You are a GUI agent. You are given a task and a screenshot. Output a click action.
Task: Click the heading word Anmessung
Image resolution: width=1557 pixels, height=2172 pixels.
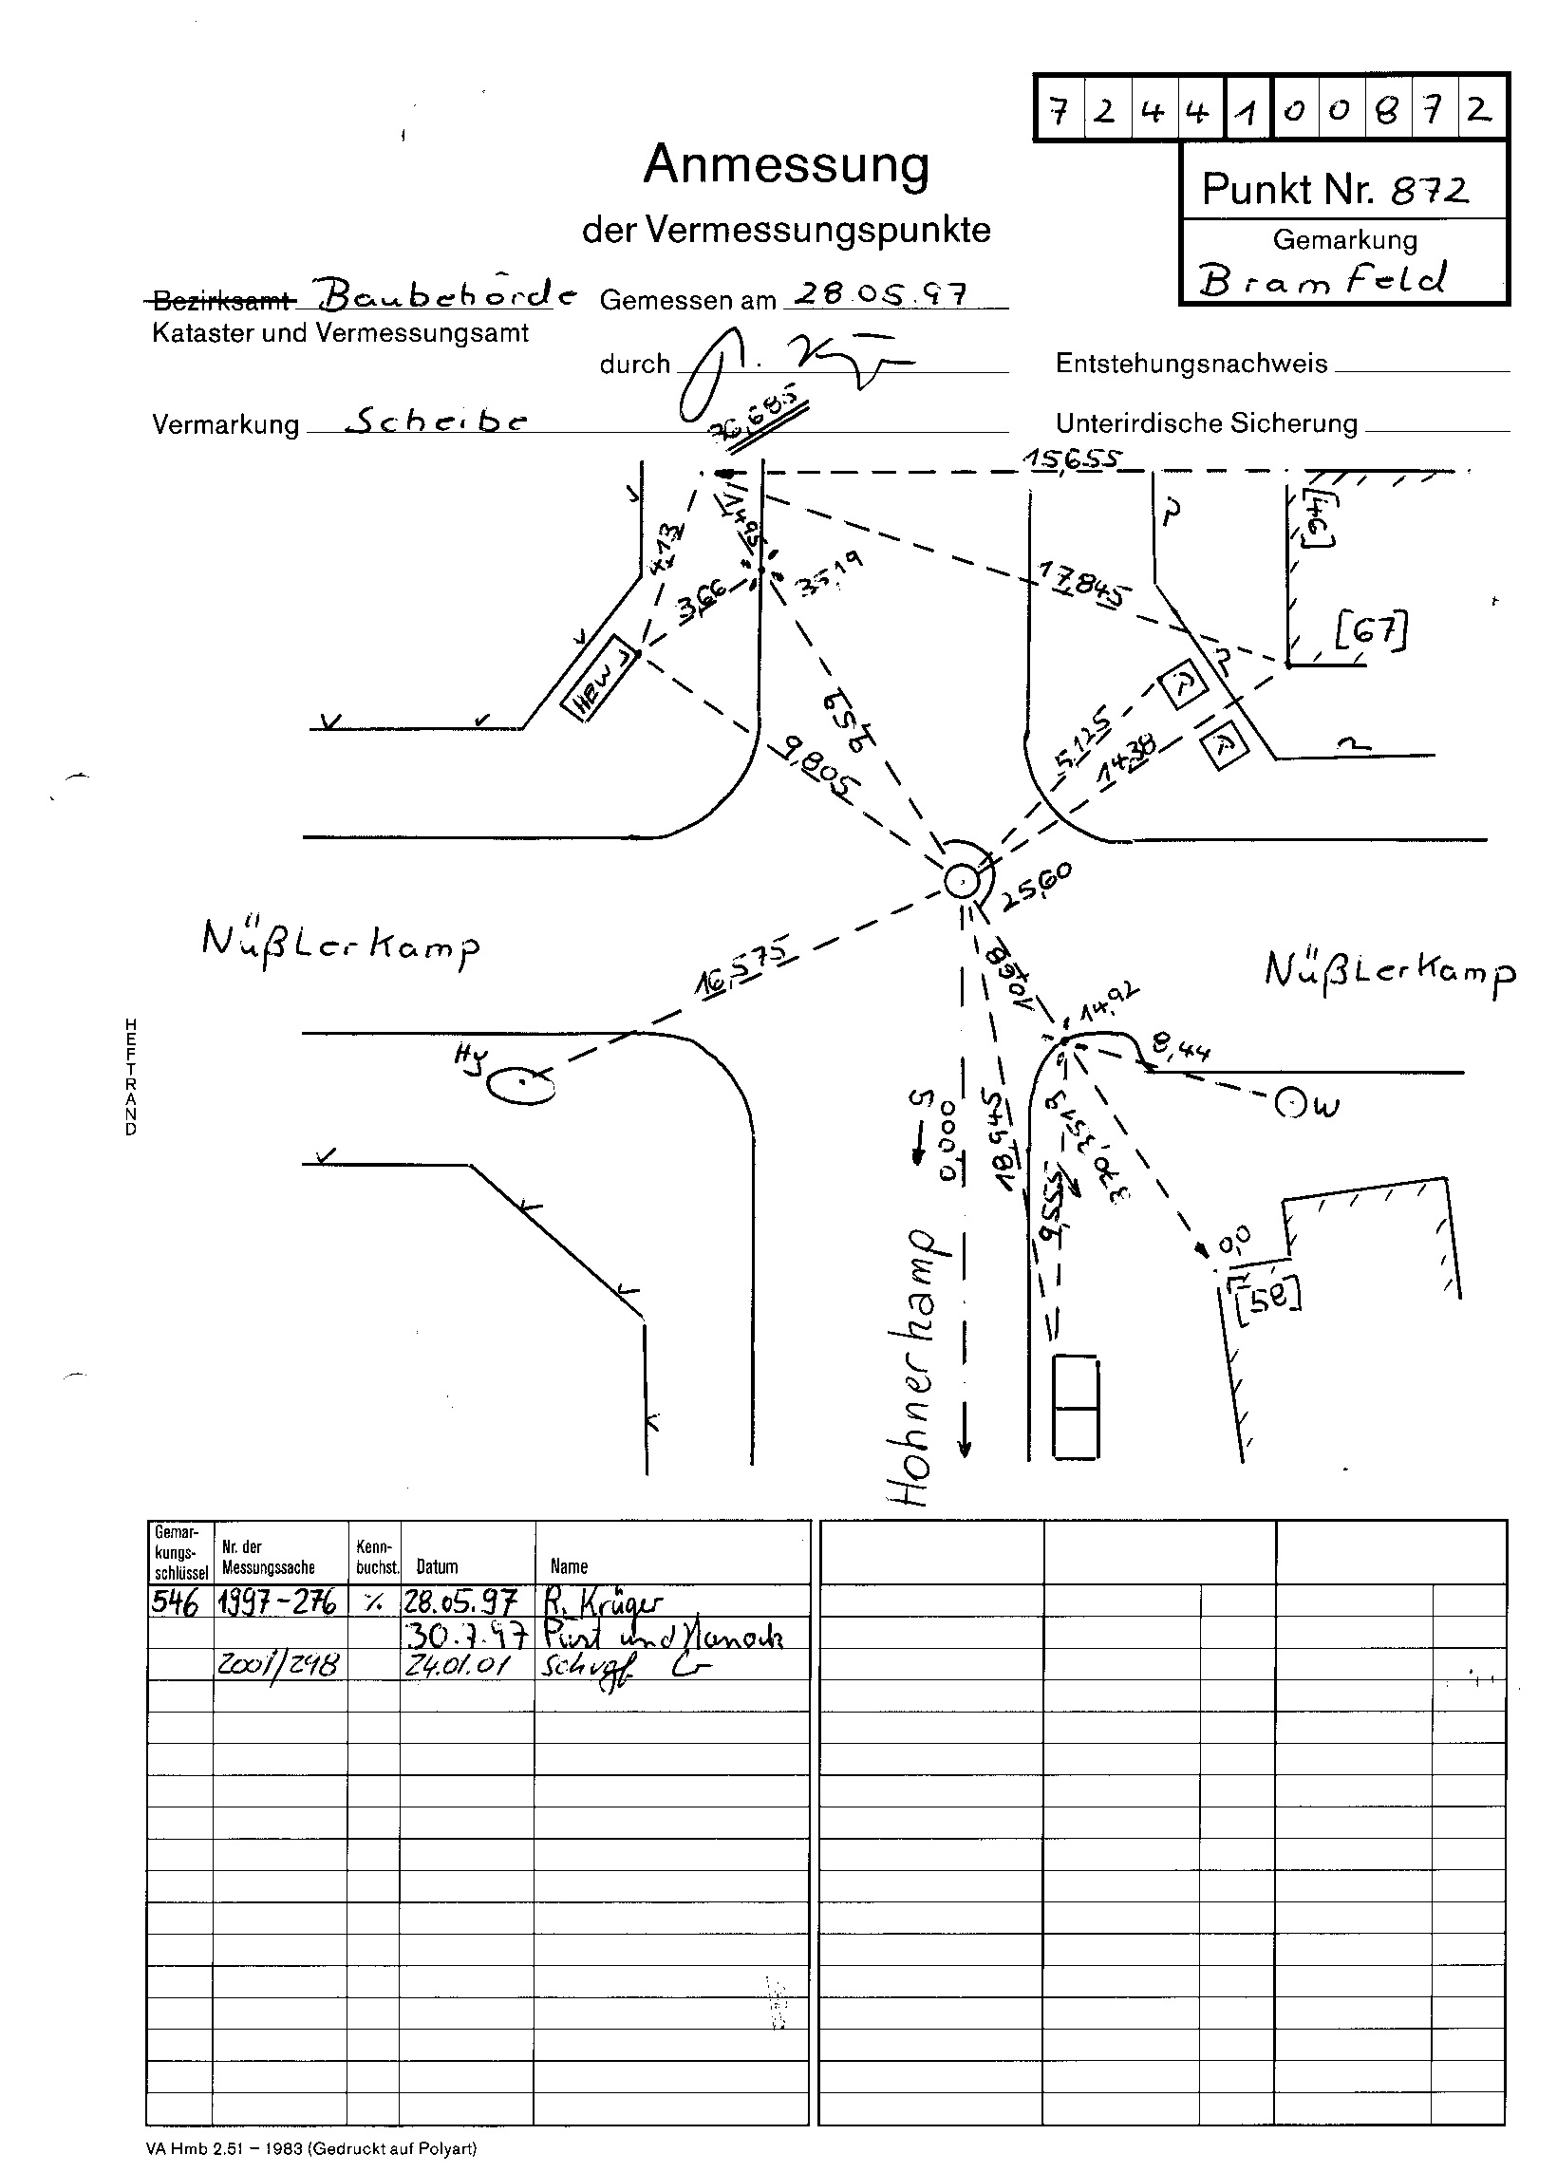pyautogui.click(x=785, y=165)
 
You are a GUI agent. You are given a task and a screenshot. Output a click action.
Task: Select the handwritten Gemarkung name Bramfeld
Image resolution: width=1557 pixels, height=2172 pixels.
pyautogui.click(x=1322, y=280)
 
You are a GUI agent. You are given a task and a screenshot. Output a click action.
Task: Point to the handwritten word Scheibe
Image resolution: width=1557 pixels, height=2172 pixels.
pyautogui.click(x=436, y=421)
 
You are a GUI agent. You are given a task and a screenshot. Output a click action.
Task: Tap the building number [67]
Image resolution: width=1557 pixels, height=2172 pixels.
pyautogui.click(x=1370, y=631)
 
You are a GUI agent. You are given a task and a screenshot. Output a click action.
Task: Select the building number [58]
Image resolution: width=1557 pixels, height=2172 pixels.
pyautogui.click(x=1266, y=1297)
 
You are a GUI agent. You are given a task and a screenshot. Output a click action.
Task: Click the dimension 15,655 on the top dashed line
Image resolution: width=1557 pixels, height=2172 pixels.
pyautogui.click(x=1070, y=459)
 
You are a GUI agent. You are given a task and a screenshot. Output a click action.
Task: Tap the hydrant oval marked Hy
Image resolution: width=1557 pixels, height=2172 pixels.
pyautogui.click(x=521, y=1084)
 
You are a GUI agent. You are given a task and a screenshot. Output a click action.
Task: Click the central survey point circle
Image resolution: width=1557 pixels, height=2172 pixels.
pyautogui.click(x=960, y=880)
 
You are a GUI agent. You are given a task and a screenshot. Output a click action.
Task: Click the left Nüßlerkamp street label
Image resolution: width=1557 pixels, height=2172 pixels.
pyautogui.click(x=340, y=943)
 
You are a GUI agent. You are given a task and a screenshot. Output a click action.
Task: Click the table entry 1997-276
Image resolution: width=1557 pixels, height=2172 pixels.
pyautogui.click(x=277, y=1601)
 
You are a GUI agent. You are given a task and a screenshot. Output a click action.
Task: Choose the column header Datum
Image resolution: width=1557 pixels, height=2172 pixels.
pyautogui.click(x=437, y=1566)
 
